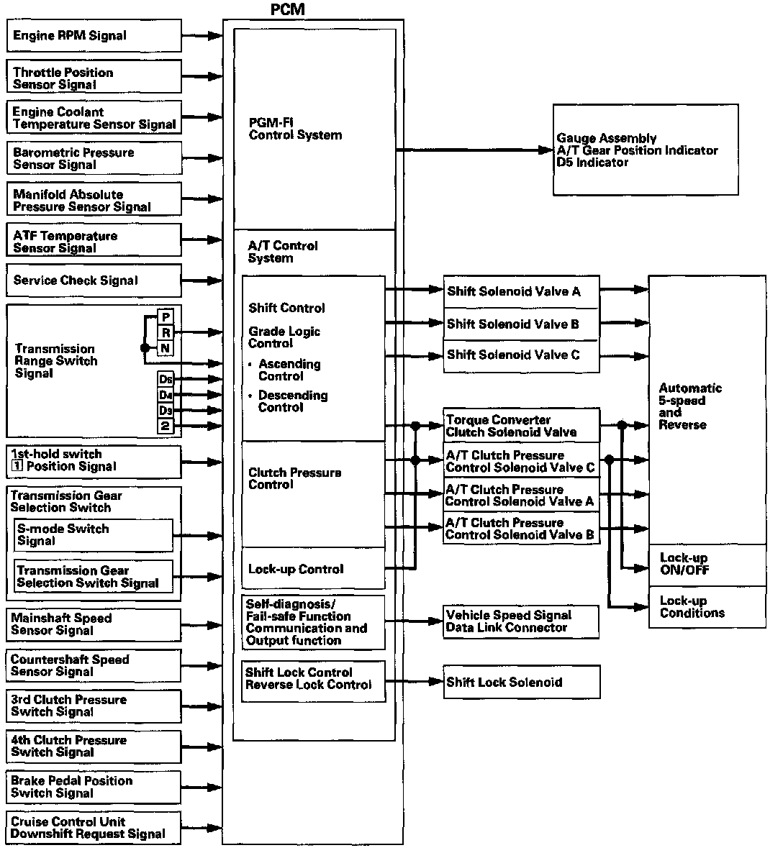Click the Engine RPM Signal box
pyautogui.click(x=94, y=35)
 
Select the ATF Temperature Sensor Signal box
pyautogui.click(x=94, y=242)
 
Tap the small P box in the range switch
pyautogui.click(x=166, y=317)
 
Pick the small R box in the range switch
pyautogui.click(x=166, y=333)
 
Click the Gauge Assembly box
pyautogui.click(x=645, y=150)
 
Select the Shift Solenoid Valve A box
pyautogui.click(x=521, y=291)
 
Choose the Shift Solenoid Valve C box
pyautogui.click(x=521, y=355)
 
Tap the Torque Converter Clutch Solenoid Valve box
pyautogui.click(x=521, y=426)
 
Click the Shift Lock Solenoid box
pyautogui.click(x=521, y=683)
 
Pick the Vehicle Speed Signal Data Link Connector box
pyautogui.click(x=521, y=621)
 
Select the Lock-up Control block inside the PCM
pyautogui.click(x=313, y=569)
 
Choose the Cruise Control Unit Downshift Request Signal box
pyautogui.click(x=94, y=828)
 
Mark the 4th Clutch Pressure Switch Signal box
pyautogui.click(x=94, y=747)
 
